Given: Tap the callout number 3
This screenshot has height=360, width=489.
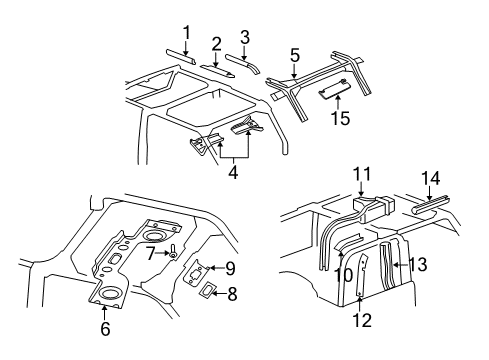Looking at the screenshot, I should pos(244,37).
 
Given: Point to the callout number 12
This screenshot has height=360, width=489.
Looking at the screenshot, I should pos(363,321).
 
